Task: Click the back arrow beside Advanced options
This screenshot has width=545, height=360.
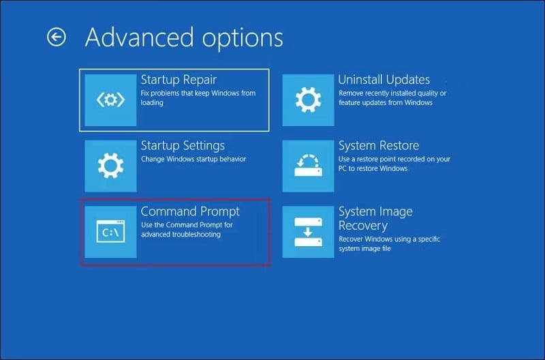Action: tap(57, 37)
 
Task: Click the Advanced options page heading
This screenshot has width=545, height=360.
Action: tap(183, 37)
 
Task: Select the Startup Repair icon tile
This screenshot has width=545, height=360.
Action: tap(110, 100)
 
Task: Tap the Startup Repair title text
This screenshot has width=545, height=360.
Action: tap(178, 80)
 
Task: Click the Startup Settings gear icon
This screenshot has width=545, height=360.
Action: tap(110, 166)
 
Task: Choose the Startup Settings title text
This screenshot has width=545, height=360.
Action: tap(183, 145)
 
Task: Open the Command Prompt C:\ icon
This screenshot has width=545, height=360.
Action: tap(110, 232)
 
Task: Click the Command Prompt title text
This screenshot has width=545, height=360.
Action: tap(190, 211)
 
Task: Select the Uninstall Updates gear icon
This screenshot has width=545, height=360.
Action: tap(308, 100)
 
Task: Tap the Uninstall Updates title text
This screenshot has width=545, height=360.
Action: tap(384, 80)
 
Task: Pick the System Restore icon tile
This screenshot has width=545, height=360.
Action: tap(308, 166)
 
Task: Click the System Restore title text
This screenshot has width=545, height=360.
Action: tap(379, 145)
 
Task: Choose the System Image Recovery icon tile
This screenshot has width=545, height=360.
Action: tap(308, 232)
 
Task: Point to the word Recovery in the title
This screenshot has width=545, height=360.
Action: tap(363, 225)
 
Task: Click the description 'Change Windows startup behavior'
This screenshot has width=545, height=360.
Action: tap(193, 159)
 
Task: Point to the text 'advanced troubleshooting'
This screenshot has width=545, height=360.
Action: tap(181, 235)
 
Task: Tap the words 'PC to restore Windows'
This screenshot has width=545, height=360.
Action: tap(373, 168)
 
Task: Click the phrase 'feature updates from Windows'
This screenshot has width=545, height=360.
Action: tap(385, 102)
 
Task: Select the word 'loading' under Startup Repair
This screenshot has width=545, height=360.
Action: tap(152, 102)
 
